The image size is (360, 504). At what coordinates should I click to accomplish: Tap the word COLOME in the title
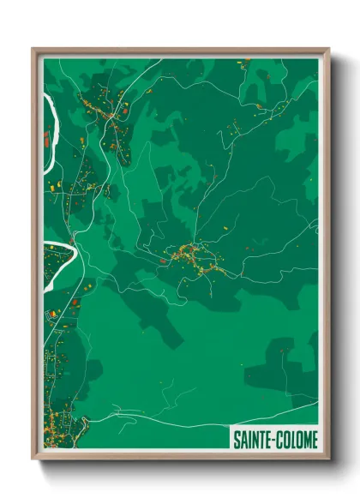pyautogui.click(x=296, y=440)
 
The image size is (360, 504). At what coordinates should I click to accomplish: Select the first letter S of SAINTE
pyautogui.click(x=236, y=440)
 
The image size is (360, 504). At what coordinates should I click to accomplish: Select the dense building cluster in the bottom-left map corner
pyautogui.click(x=60, y=425)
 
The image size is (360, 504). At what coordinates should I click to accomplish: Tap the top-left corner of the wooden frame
pyautogui.click(x=33, y=49)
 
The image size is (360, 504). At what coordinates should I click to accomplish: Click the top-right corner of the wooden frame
pyautogui.click(x=327, y=49)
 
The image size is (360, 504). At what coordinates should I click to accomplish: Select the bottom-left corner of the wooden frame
pyautogui.click(x=33, y=459)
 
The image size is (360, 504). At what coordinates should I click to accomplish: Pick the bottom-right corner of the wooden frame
pyautogui.click(x=327, y=459)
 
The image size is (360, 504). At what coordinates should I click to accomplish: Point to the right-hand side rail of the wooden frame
pyautogui.click(x=326, y=257)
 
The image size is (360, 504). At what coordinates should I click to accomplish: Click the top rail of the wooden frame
pyautogui.click(x=180, y=51)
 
